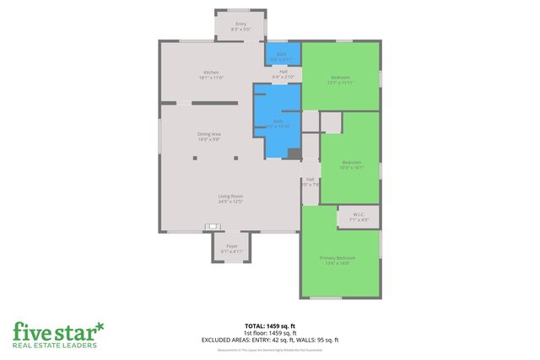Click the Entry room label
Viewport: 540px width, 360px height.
(240, 25)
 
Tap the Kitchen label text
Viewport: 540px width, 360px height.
(211, 74)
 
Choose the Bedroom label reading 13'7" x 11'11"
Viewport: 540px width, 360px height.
(340, 79)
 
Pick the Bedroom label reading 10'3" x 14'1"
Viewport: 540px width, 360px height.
(351, 164)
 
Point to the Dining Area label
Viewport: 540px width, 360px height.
(209, 137)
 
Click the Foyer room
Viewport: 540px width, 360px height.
(231, 248)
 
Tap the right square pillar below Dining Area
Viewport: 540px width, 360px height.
(236, 158)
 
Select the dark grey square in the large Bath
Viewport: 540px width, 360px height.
(293, 153)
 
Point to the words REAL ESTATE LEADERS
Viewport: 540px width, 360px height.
(55, 345)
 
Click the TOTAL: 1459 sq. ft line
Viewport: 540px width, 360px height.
(270, 325)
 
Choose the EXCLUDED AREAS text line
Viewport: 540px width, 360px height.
(270, 340)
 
